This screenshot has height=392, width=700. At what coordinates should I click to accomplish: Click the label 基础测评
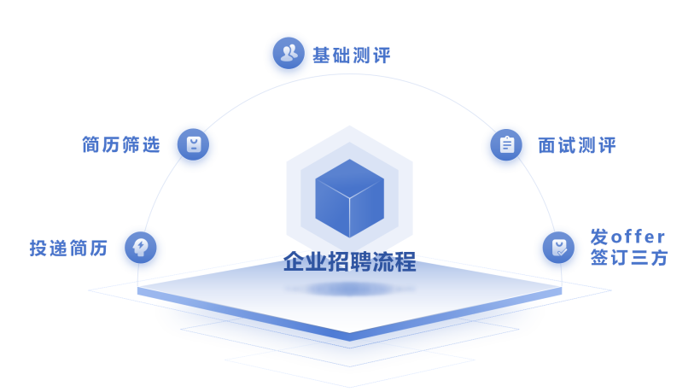click(x=351, y=56)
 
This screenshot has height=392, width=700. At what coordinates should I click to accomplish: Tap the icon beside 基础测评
click(x=289, y=53)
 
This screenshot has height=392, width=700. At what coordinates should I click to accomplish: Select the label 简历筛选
click(x=121, y=144)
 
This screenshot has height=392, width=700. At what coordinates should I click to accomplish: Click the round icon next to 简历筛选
click(x=193, y=144)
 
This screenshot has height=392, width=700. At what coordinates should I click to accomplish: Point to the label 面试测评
click(x=577, y=145)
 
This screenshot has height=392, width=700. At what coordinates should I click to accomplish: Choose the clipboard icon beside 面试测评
click(x=506, y=145)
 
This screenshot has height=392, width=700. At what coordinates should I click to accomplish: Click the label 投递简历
click(x=69, y=248)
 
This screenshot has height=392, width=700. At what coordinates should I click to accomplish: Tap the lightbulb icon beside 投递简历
click(x=141, y=248)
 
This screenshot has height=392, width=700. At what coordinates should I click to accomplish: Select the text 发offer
click(x=627, y=237)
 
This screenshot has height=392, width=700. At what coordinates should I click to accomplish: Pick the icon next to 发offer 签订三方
click(x=558, y=248)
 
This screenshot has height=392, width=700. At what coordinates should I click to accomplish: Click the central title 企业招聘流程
click(x=349, y=261)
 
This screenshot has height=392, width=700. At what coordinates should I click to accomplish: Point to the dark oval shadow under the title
click(x=349, y=290)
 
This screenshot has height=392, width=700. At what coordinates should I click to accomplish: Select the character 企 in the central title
click(x=295, y=261)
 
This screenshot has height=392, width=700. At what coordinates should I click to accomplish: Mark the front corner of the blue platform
click(x=349, y=334)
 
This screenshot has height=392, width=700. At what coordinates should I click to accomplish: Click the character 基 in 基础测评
click(x=322, y=56)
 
